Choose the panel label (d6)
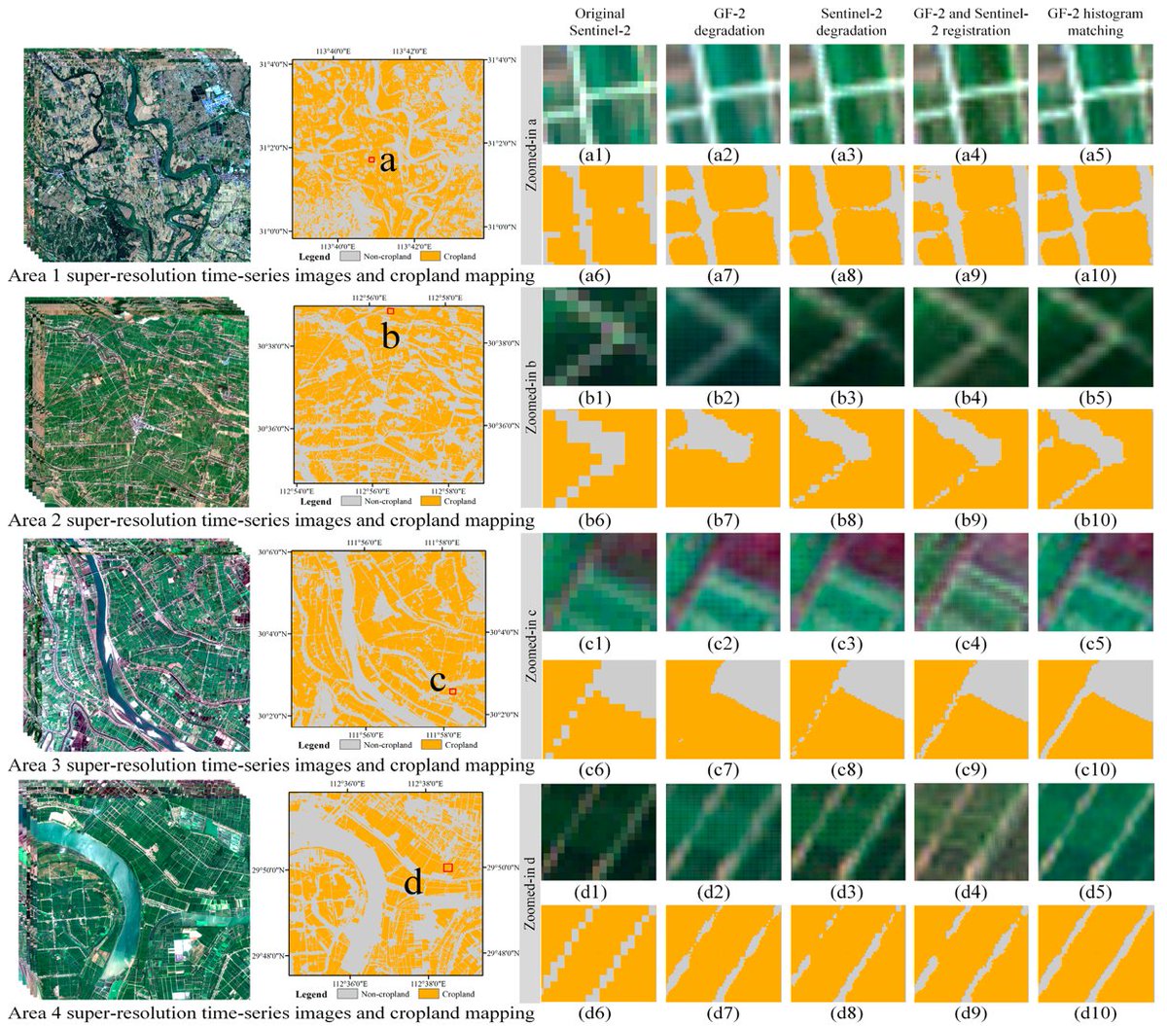(593, 1011)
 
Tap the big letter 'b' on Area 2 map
(390, 338)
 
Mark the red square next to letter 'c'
(452, 690)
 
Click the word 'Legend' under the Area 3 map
(313, 745)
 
